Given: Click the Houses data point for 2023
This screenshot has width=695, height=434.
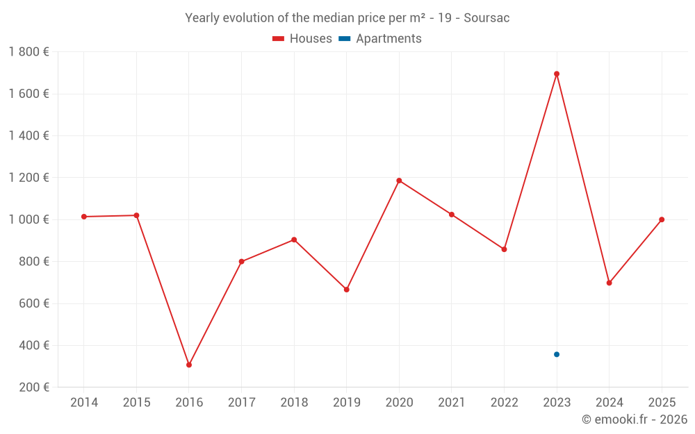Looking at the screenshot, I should pyautogui.click(x=557, y=74).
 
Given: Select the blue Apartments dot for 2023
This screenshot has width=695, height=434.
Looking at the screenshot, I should pyautogui.click(x=557, y=354).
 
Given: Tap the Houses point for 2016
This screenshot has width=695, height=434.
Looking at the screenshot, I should pyautogui.click(x=189, y=365).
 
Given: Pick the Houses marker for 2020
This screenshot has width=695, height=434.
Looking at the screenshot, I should pyautogui.click(x=399, y=181).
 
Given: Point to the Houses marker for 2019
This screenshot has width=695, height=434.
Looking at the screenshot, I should pyautogui.click(x=347, y=290).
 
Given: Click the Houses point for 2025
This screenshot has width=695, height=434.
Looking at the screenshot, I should pyautogui.click(x=662, y=219).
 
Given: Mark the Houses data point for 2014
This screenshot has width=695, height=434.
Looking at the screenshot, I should pyautogui.click(x=84, y=217).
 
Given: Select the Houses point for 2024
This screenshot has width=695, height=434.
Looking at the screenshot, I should pyautogui.click(x=610, y=283).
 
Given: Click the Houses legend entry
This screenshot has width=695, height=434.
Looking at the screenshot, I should pyautogui.click(x=310, y=39).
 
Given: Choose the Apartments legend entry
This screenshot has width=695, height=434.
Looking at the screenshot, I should pyautogui.click(x=389, y=39).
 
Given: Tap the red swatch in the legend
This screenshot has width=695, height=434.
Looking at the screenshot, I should pyautogui.click(x=278, y=39).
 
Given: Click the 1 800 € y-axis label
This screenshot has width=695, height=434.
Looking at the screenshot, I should pyautogui.click(x=28, y=52).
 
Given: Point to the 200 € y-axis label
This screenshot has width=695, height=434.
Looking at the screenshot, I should pyautogui.click(x=33, y=387).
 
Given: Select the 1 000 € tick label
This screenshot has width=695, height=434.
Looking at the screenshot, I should pyautogui.click(x=28, y=219).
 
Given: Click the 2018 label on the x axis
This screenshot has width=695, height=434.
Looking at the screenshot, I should pyautogui.click(x=294, y=403).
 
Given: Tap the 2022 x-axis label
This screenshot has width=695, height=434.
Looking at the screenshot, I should pyautogui.click(x=504, y=403).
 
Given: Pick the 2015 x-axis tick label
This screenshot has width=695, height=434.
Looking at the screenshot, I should pyautogui.click(x=136, y=403).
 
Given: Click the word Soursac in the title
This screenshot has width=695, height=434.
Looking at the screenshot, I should pyautogui.click(x=486, y=18).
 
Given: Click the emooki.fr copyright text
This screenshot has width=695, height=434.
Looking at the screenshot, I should pyautogui.click(x=634, y=419).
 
